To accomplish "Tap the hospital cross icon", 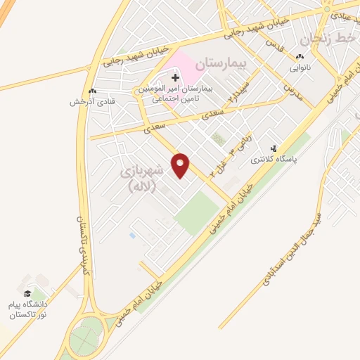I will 175,76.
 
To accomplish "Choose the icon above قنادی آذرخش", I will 92,91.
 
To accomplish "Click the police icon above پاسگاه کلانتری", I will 274,149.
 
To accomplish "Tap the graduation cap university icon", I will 27,293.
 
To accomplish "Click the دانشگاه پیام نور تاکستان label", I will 29,309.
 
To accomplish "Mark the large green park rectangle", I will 197,212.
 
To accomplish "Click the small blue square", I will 132,235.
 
